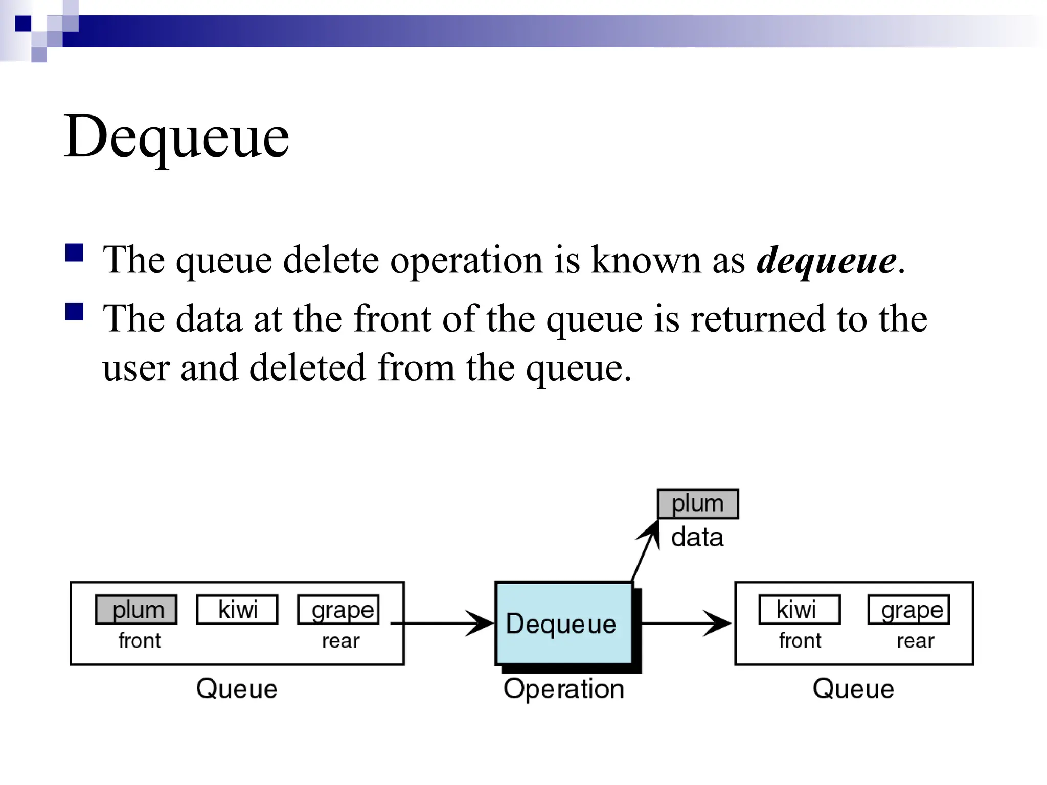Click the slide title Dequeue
click(176, 137)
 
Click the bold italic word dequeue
click(826, 261)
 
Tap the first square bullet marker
click(75, 252)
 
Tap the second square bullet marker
click(75, 311)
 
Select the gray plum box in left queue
click(136, 610)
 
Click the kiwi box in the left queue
click(237, 610)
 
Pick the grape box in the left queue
click(338, 610)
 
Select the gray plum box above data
click(698, 504)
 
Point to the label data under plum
click(697, 538)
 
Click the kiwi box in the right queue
click(799, 610)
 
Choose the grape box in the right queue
click(908, 610)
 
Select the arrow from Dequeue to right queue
click(685, 624)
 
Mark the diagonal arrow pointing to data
click(645, 552)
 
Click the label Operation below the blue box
click(564, 689)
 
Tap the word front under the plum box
click(140, 641)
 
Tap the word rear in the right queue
click(915, 641)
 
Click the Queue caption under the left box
click(237, 689)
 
